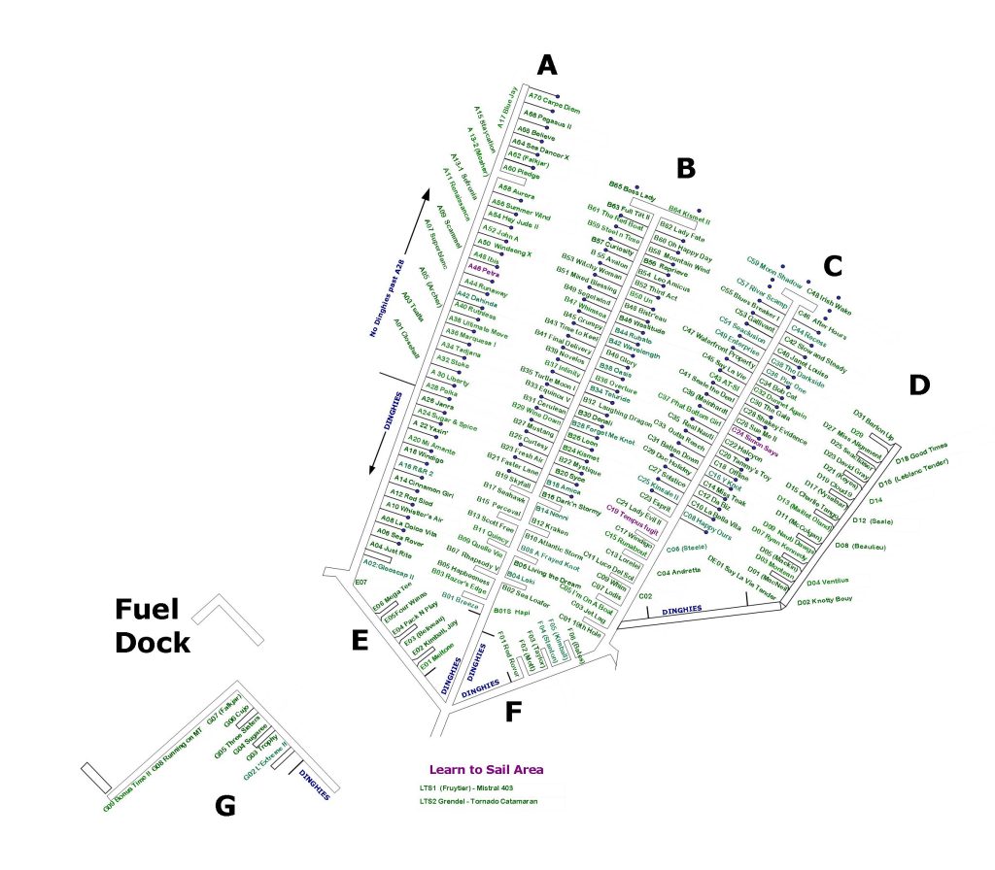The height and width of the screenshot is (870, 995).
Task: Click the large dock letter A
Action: tap(548, 65)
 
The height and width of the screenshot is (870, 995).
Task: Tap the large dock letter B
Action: tap(686, 168)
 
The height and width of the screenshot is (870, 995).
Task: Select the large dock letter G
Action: tap(224, 806)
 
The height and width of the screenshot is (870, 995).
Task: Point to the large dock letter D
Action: tap(919, 385)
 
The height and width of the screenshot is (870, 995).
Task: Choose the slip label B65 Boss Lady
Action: tap(633, 190)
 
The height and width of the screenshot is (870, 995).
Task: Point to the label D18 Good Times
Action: tap(921, 452)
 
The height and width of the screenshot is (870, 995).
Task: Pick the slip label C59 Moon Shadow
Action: tap(775, 272)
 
